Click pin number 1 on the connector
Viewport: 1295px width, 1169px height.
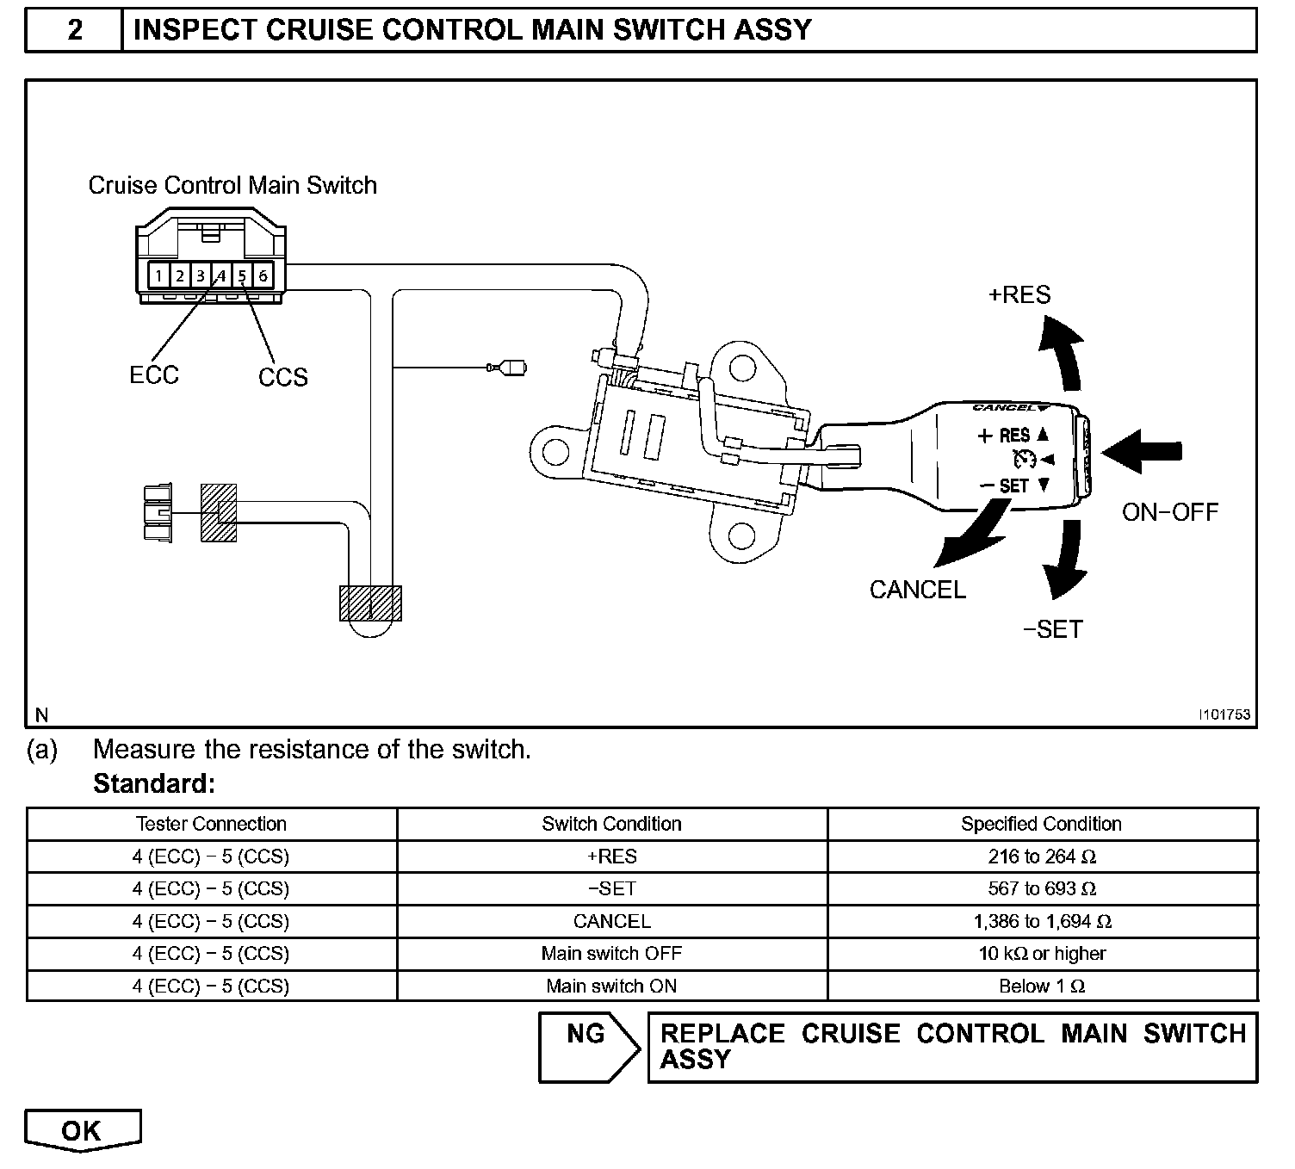click(x=159, y=275)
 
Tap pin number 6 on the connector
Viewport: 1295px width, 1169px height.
click(x=263, y=275)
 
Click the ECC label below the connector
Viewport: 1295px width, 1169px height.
click(x=154, y=375)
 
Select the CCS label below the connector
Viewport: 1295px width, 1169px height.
click(x=282, y=377)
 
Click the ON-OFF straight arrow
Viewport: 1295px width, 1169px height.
click(x=1143, y=451)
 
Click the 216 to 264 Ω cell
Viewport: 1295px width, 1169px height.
click(x=1042, y=857)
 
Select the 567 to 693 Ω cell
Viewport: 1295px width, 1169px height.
click(x=1042, y=888)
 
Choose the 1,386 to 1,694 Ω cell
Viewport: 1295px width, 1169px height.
click(x=1042, y=921)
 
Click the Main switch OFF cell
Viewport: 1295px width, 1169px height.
click(x=611, y=954)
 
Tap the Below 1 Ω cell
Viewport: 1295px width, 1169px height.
click(x=1042, y=987)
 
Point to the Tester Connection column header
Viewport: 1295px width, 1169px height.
click(x=211, y=824)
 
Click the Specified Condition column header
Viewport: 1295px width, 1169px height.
click(x=1041, y=824)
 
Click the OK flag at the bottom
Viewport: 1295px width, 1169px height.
click(x=82, y=1130)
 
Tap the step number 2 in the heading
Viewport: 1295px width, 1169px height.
click(x=75, y=30)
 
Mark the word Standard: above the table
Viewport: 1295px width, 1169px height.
click(x=153, y=784)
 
